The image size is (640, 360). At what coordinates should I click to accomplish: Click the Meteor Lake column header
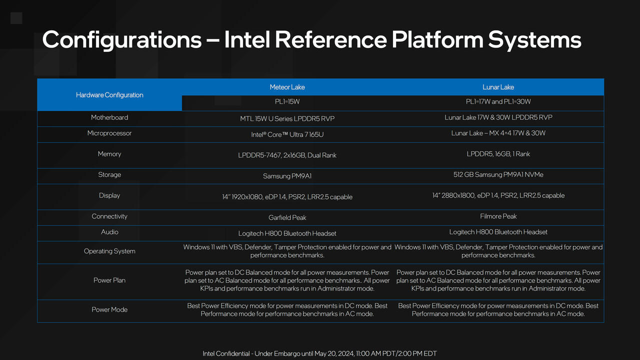coord(287,87)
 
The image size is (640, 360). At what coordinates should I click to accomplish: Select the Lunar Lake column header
coord(498,87)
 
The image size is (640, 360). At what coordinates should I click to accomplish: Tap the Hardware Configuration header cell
coord(109,95)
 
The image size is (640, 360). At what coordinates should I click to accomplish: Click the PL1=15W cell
coord(287,101)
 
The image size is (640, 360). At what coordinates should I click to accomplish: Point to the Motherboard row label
coord(109,117)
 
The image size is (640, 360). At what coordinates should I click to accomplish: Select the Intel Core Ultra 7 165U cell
coord(287,134)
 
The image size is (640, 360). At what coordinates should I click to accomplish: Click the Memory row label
coord(109,154)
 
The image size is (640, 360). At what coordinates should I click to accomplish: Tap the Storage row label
coord(109,174)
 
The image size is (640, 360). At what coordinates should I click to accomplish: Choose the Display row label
coord(109,195)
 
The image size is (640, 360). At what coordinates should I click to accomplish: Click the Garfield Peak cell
coord(287,217)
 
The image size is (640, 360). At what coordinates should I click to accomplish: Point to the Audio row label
coord(109,232)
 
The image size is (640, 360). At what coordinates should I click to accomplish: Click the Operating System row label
coord(109,251)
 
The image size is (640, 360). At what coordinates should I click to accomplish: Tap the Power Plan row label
coord(109,280)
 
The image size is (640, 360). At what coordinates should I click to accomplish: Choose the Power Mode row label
coord(109,309)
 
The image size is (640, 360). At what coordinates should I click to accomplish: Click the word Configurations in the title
coord(122,40)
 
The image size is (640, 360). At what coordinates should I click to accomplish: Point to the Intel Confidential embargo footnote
coord(319,353)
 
